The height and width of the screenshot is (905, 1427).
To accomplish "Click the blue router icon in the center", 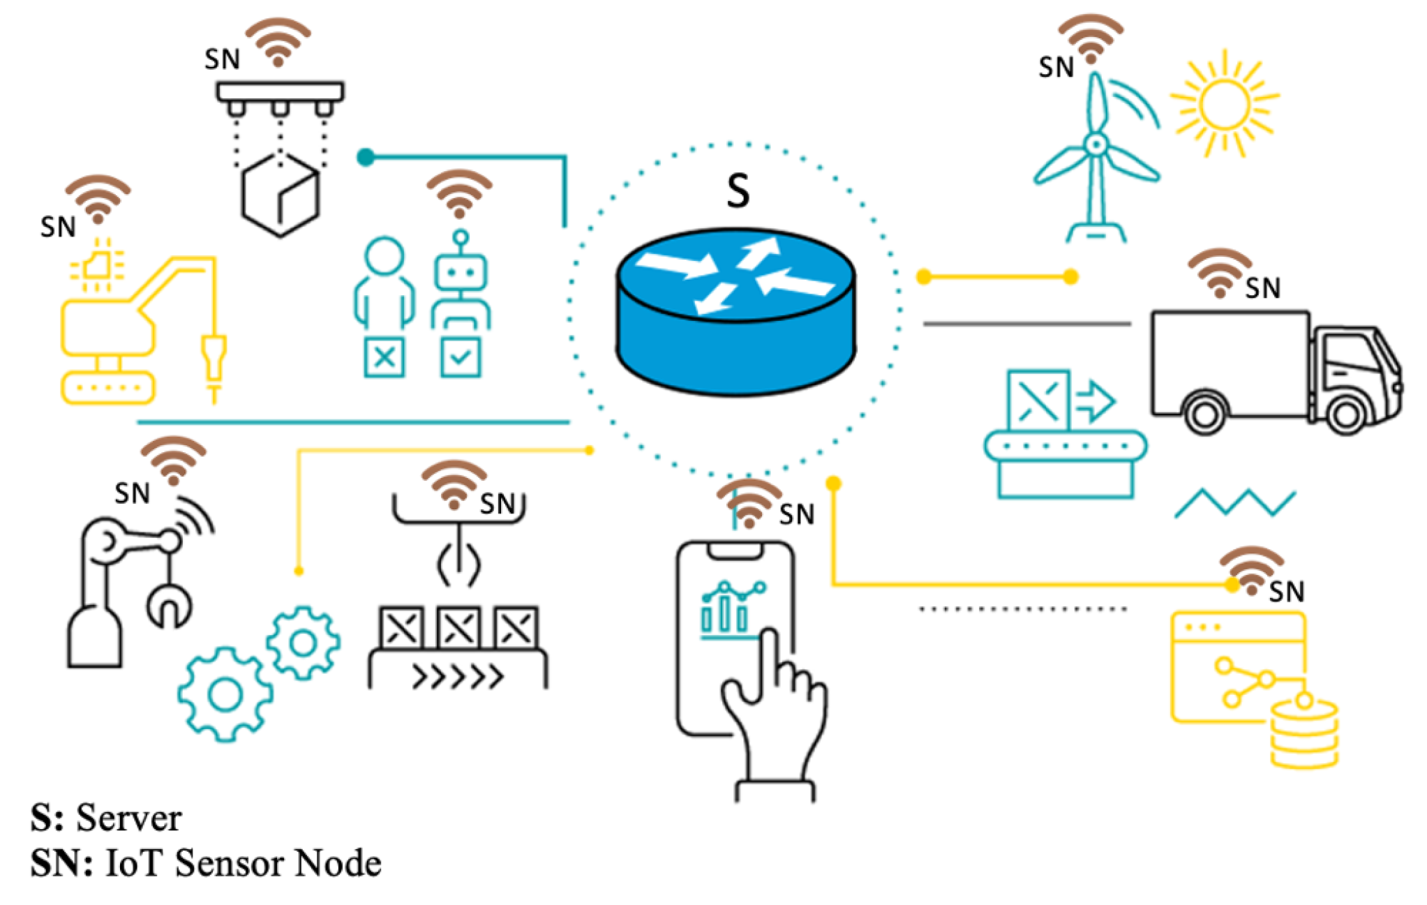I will (735, 311).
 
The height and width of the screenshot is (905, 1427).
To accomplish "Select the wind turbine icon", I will (1096, 160).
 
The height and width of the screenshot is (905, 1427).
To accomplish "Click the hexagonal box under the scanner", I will (280, 195).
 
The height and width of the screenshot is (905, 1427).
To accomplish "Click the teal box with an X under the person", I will (384, 357).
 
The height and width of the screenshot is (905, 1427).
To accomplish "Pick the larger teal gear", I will (225, 694).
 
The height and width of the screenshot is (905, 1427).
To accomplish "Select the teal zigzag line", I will (1234, 502).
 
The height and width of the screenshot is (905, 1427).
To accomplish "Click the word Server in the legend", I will (128, 818).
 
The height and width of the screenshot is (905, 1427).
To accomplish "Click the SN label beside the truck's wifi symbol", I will (1262, 288).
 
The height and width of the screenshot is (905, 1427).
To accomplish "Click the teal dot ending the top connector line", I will (366, 157).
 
